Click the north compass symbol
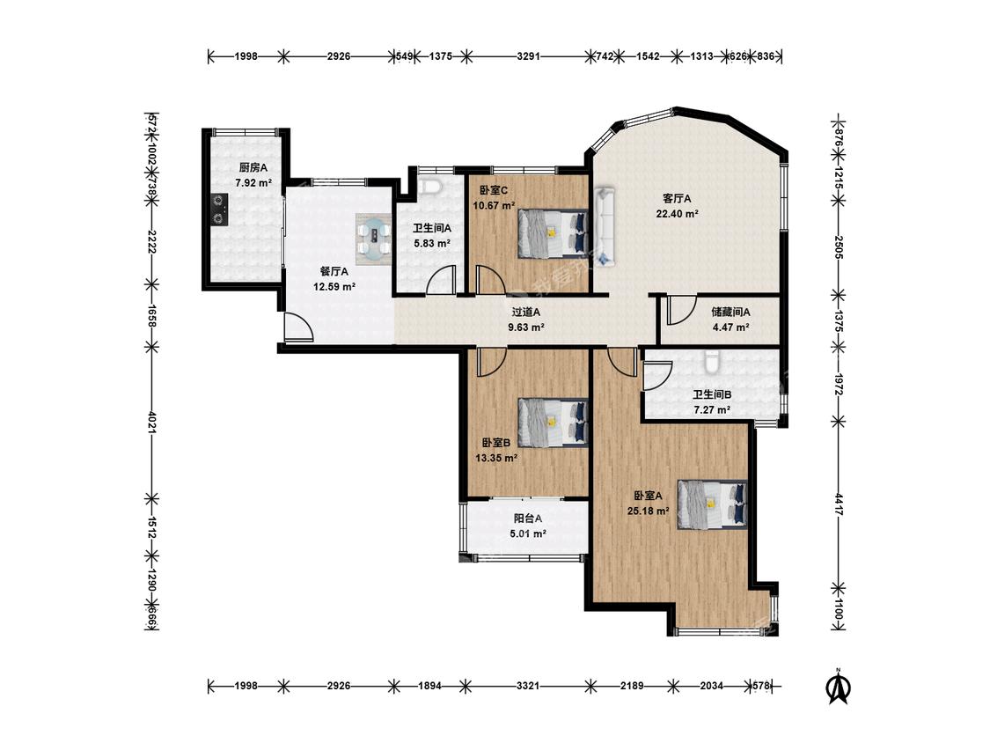[x=839, y=686]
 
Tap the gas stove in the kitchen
[x=218, y=210]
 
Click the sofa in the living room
[x=605, y=224]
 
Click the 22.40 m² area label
[x=677, y=214]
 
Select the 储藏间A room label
[x=730, y=312]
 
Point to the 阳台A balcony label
[x=528, y=519]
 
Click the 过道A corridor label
[x=526, y=312]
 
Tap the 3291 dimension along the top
[x=528, y=56]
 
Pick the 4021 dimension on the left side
[x=151, y=422]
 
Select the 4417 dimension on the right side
[x=839, y=504]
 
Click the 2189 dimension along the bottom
[x=631, y=686]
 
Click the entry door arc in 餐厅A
[x=298, y=327]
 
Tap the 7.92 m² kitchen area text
[x=253, y=183]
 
